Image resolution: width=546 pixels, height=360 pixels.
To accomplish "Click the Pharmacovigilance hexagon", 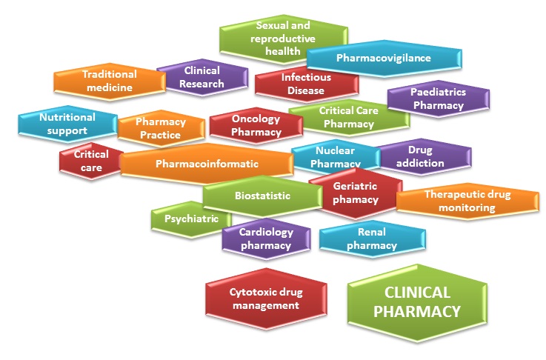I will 384,58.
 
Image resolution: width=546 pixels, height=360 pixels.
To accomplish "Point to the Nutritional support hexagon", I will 67,124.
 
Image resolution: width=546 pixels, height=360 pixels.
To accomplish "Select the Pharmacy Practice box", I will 160,128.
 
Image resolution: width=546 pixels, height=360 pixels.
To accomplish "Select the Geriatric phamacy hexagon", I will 356,193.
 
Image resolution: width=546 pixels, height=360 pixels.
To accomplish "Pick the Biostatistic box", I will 256,196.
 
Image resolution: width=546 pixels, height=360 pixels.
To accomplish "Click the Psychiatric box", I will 190,219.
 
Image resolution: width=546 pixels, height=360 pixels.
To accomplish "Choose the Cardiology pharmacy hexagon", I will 265,238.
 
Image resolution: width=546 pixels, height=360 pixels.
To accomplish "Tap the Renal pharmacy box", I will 372,239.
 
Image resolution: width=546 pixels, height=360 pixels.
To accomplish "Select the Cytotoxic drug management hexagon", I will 264,299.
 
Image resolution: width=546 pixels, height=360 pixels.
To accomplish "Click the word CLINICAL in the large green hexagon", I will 418,293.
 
